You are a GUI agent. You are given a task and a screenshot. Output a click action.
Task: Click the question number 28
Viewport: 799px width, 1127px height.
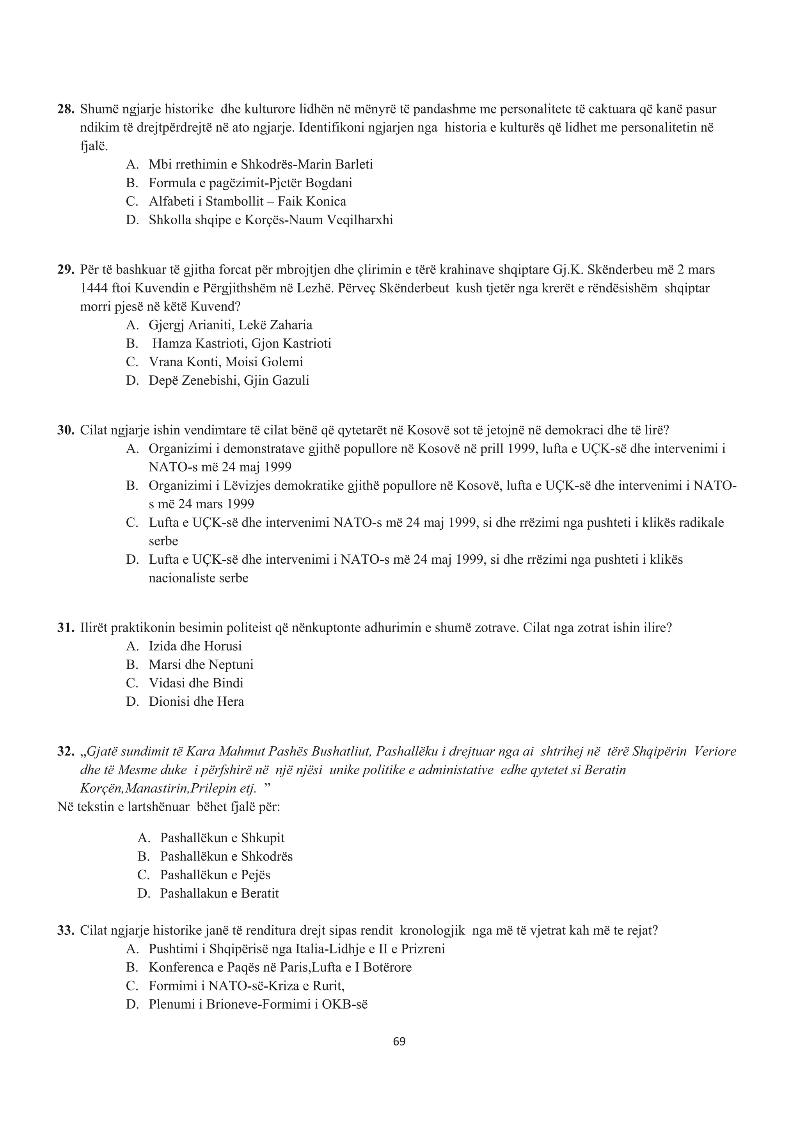pyautogui.click(x=66, y=109)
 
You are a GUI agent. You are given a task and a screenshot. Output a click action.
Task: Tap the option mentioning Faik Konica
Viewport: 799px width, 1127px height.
pyautogui.click(x=247, y=201)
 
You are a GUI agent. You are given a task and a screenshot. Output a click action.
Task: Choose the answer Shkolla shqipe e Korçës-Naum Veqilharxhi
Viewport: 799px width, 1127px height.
pyautogui.click(x=271, y=220)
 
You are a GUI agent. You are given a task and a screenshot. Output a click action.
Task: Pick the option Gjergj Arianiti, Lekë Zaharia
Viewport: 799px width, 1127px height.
pyautogui.click(x=230, y=325)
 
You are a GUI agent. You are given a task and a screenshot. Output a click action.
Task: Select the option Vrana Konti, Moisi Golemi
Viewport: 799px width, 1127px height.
pyautogui.click(x=226, y=362)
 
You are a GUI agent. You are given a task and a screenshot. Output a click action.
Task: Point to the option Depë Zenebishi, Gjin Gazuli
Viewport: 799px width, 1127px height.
pyautogui.click(x=229, y=381)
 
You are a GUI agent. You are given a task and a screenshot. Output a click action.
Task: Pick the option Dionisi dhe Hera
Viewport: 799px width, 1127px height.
pyautogui.click(x=196, y=701)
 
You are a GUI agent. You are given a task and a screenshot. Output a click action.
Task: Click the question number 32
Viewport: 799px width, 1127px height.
pyautogui.click(x=66, y=752)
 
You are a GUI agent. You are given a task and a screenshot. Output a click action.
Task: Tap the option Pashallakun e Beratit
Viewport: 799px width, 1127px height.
pyautogui.click(x=219, y=893)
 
